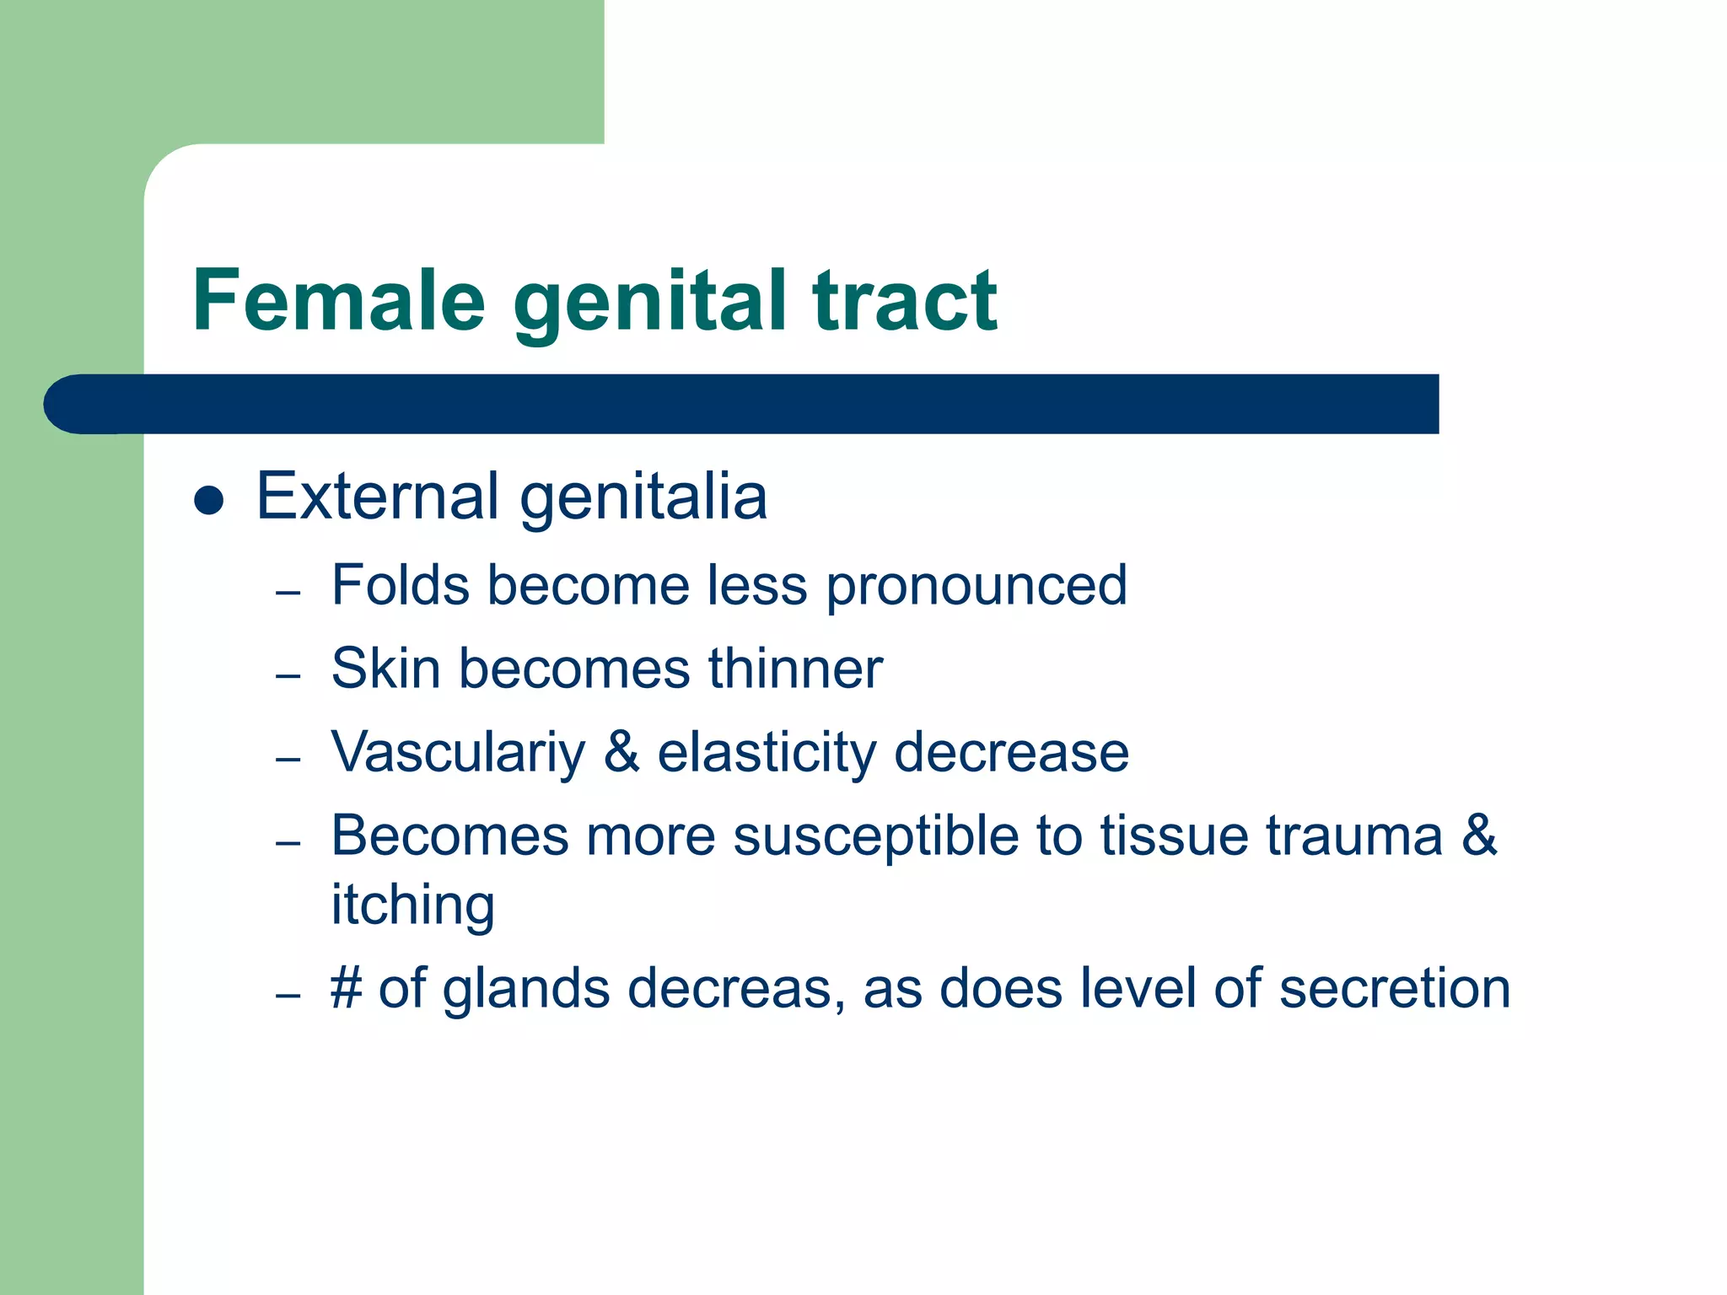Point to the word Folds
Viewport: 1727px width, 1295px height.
pos(400,584)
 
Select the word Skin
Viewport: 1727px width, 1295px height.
pos(385,669)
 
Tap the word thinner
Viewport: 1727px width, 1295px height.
pos(795,669)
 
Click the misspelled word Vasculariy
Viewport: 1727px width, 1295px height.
pos(458,753)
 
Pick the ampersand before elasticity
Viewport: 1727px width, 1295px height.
pos(621,752)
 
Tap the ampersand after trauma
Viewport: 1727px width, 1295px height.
pos(1479,836)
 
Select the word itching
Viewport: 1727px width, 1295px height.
pos(412,905)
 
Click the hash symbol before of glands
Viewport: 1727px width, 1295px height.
pos(347,988)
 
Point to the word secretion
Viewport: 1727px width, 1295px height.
pos(1394,988)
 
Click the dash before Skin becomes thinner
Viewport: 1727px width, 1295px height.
pos(288,675)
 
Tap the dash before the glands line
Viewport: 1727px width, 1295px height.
pos(288,995)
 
